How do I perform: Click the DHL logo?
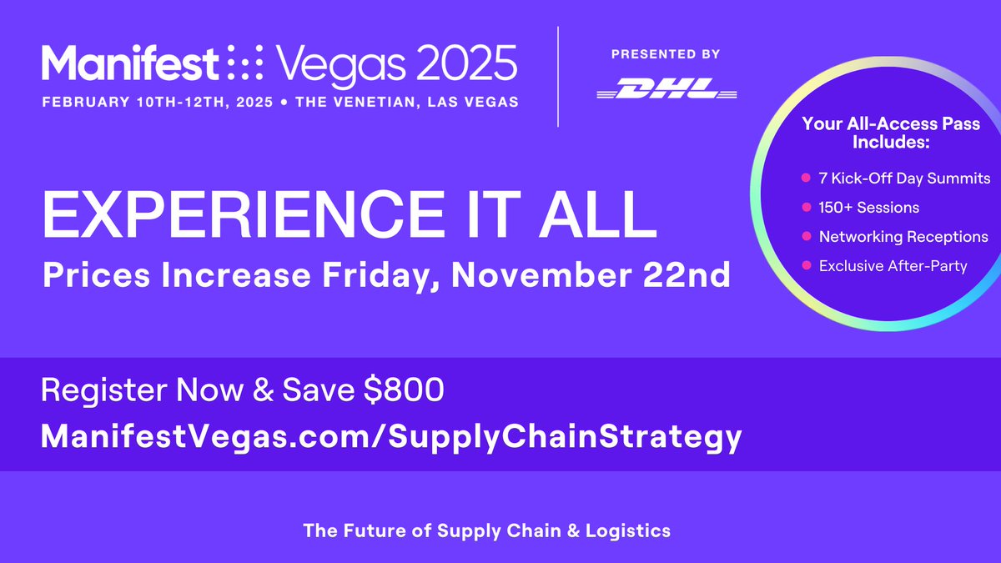666,89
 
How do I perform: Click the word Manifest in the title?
130,63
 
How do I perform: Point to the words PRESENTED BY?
666,54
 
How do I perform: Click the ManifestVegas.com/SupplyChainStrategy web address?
391,436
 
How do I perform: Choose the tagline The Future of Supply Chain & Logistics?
486,530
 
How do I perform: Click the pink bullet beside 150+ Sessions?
806,208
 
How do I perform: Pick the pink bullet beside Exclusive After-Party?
806,266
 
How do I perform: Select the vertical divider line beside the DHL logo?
557,77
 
